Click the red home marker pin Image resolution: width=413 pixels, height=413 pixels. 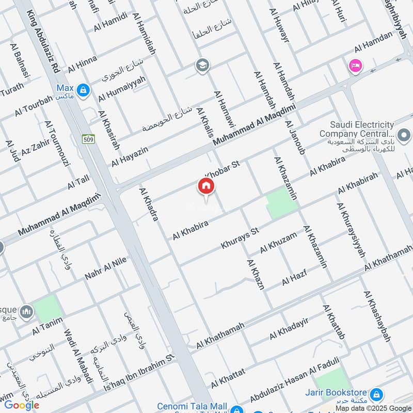pyautogui.click(x=205, y=186)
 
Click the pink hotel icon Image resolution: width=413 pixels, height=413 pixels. pyautogui.click(x=355, y=66)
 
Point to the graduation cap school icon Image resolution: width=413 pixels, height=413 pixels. pyautogui.click(x=202, y=66)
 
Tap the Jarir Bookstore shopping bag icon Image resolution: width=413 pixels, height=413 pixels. pyautogui.click(x=376, y=395)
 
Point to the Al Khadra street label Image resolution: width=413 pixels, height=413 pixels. pyautogui.click(x=148, y=204)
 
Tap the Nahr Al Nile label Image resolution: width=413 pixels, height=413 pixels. pyautogui.click(x=105, y=268)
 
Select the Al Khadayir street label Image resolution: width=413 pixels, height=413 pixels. pyautogui.click(x=289, y=329)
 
